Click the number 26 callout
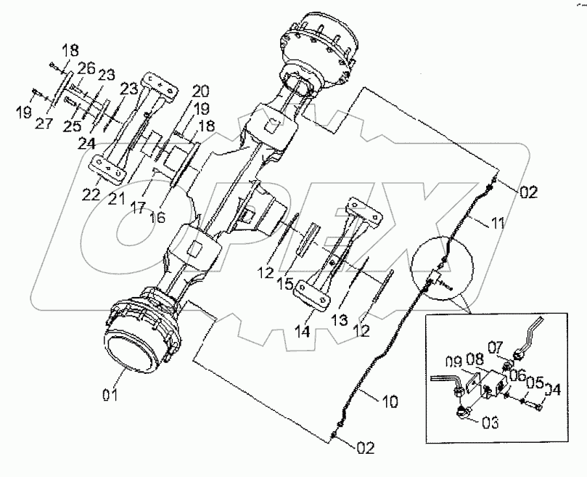tap(88, 70)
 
